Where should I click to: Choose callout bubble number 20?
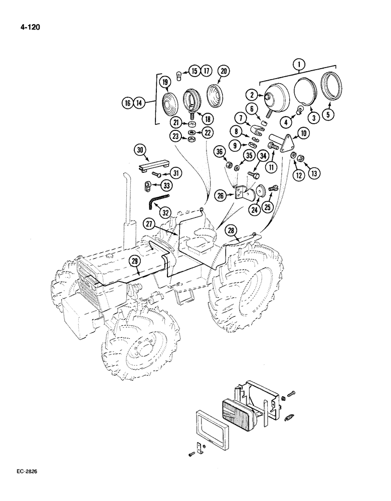(224, 72)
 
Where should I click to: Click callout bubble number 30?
(140, 149)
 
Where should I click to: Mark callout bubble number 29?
(134, 260)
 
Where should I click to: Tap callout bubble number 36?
(219, 152)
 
